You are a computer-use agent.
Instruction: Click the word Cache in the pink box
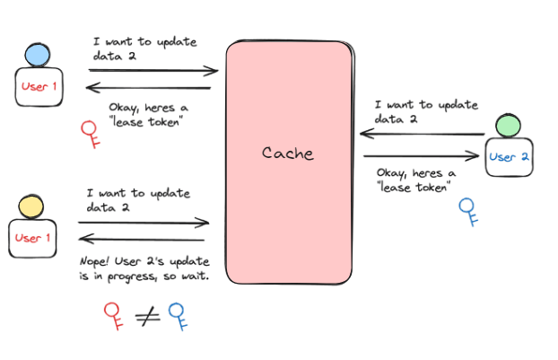[x=288, y=153]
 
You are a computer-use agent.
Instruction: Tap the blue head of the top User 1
[x=38, y=55]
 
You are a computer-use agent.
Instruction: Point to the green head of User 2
[x=508, y=124]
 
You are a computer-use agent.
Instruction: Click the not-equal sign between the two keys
[x=148, y=314]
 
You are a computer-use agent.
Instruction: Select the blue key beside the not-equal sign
[x=179, y=316]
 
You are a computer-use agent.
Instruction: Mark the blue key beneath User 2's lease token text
[x=466, y=210]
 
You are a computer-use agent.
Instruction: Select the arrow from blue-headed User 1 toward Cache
[x=153, y=70]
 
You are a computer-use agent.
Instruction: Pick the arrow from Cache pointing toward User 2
[x=422, y=156]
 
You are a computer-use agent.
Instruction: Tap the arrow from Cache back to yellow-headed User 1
[x=144, y=240]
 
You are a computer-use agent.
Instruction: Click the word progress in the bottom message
[x=127, y=277]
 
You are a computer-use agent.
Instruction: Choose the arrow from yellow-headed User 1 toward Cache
[x=144, y=223]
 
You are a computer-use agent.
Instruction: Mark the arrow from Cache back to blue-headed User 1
[x=148, y=87]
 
